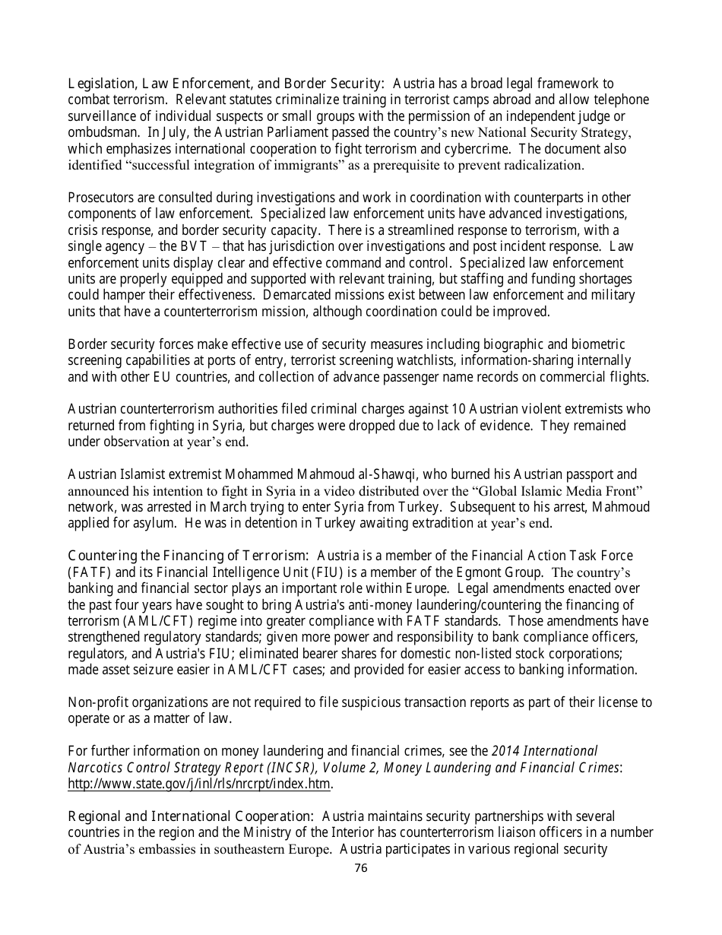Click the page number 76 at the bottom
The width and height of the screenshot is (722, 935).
coord(361,868)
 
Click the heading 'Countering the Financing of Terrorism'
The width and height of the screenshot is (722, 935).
coord(188,556)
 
